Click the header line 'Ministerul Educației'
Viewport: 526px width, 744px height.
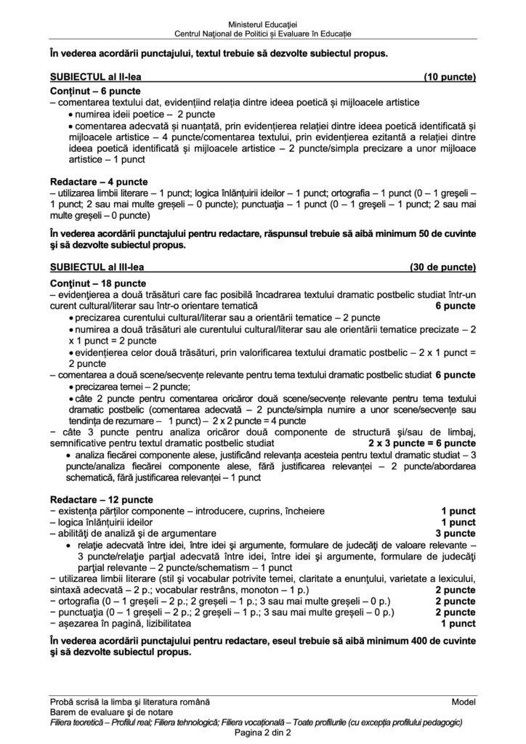coord(262,25)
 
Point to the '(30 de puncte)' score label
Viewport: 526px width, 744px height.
coord(443,267)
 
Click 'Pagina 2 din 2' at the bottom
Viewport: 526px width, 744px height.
coord(262,732)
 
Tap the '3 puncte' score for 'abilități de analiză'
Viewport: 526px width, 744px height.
coord(456,533)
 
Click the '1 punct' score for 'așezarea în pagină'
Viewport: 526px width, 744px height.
coord(458,623)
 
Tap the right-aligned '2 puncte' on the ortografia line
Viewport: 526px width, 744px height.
coord(456,600)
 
